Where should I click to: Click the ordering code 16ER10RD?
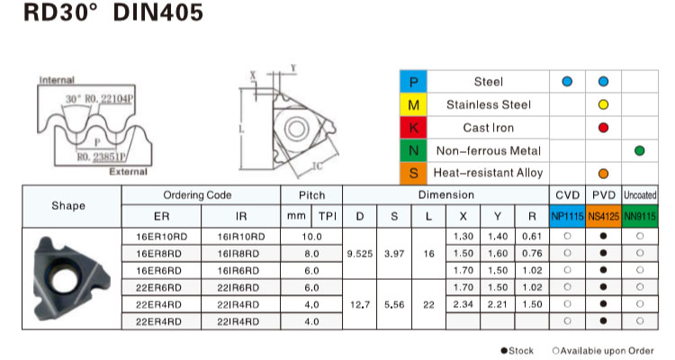coord(161,237)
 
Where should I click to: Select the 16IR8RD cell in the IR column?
coord(238,254)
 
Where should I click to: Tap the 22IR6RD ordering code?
coord(238,288)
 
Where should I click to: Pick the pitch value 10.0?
coord(311,237)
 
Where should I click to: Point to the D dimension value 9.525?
coord(360,254)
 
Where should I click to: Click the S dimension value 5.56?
coord(394,304)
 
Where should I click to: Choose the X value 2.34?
coord(463,304)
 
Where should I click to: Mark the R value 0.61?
coord(532,237)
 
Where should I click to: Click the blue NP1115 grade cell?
coord(567,216)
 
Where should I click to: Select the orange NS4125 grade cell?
coord(604,216)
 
